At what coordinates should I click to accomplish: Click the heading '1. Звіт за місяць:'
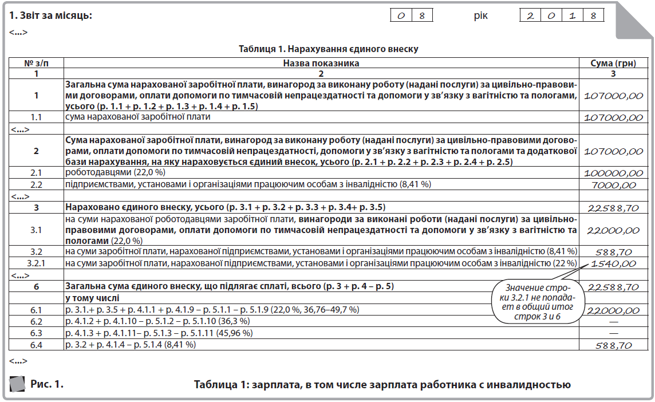click(x=50, y=15)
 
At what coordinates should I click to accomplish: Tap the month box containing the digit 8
click(x=421, y=15)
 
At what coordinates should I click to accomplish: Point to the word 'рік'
click(x=480, y=15)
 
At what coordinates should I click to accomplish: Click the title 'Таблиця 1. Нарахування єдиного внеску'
click(x=328, y=49)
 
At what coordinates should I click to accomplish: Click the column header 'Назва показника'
click(x=321, y=63)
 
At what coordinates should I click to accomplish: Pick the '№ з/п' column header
click(x=36, y=63)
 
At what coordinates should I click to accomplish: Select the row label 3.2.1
click(x=36, y=263)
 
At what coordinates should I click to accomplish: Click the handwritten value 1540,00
click(x=613, y=263)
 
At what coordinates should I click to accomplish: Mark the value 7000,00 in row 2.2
click(x=613, y=184)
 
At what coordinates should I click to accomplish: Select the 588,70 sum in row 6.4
click(x=613, y=345)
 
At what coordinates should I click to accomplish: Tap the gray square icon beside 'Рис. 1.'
click(x=18, y=384)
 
